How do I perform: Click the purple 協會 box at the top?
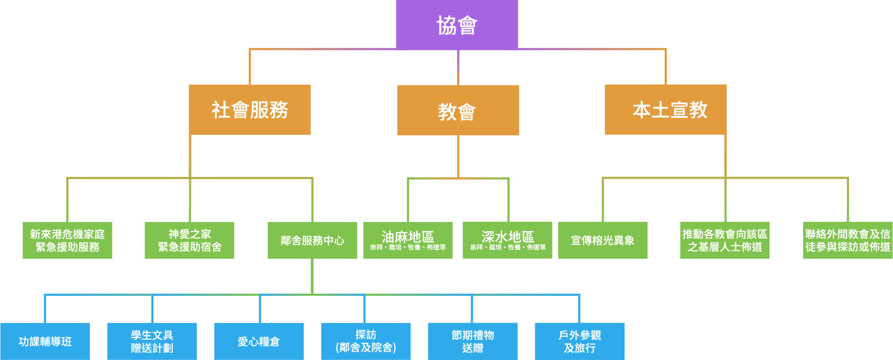457,25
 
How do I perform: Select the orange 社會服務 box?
250,110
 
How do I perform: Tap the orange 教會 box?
458,111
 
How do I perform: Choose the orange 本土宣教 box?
665,110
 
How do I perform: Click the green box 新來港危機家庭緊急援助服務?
67,241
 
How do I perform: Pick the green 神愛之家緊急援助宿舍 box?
189,241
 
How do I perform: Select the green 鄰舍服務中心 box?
312,241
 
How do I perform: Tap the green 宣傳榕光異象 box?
603,241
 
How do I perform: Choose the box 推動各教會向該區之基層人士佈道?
725,241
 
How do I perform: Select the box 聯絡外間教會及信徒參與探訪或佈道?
848,241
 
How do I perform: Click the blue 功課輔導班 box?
45,341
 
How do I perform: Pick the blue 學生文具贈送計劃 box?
152,341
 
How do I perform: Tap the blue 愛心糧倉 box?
259,341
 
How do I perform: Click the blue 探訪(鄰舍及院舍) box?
366,341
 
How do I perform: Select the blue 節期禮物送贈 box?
473,341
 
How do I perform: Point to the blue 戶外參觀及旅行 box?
580,341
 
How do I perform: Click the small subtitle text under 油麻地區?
407,248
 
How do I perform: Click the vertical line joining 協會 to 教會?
458,67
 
